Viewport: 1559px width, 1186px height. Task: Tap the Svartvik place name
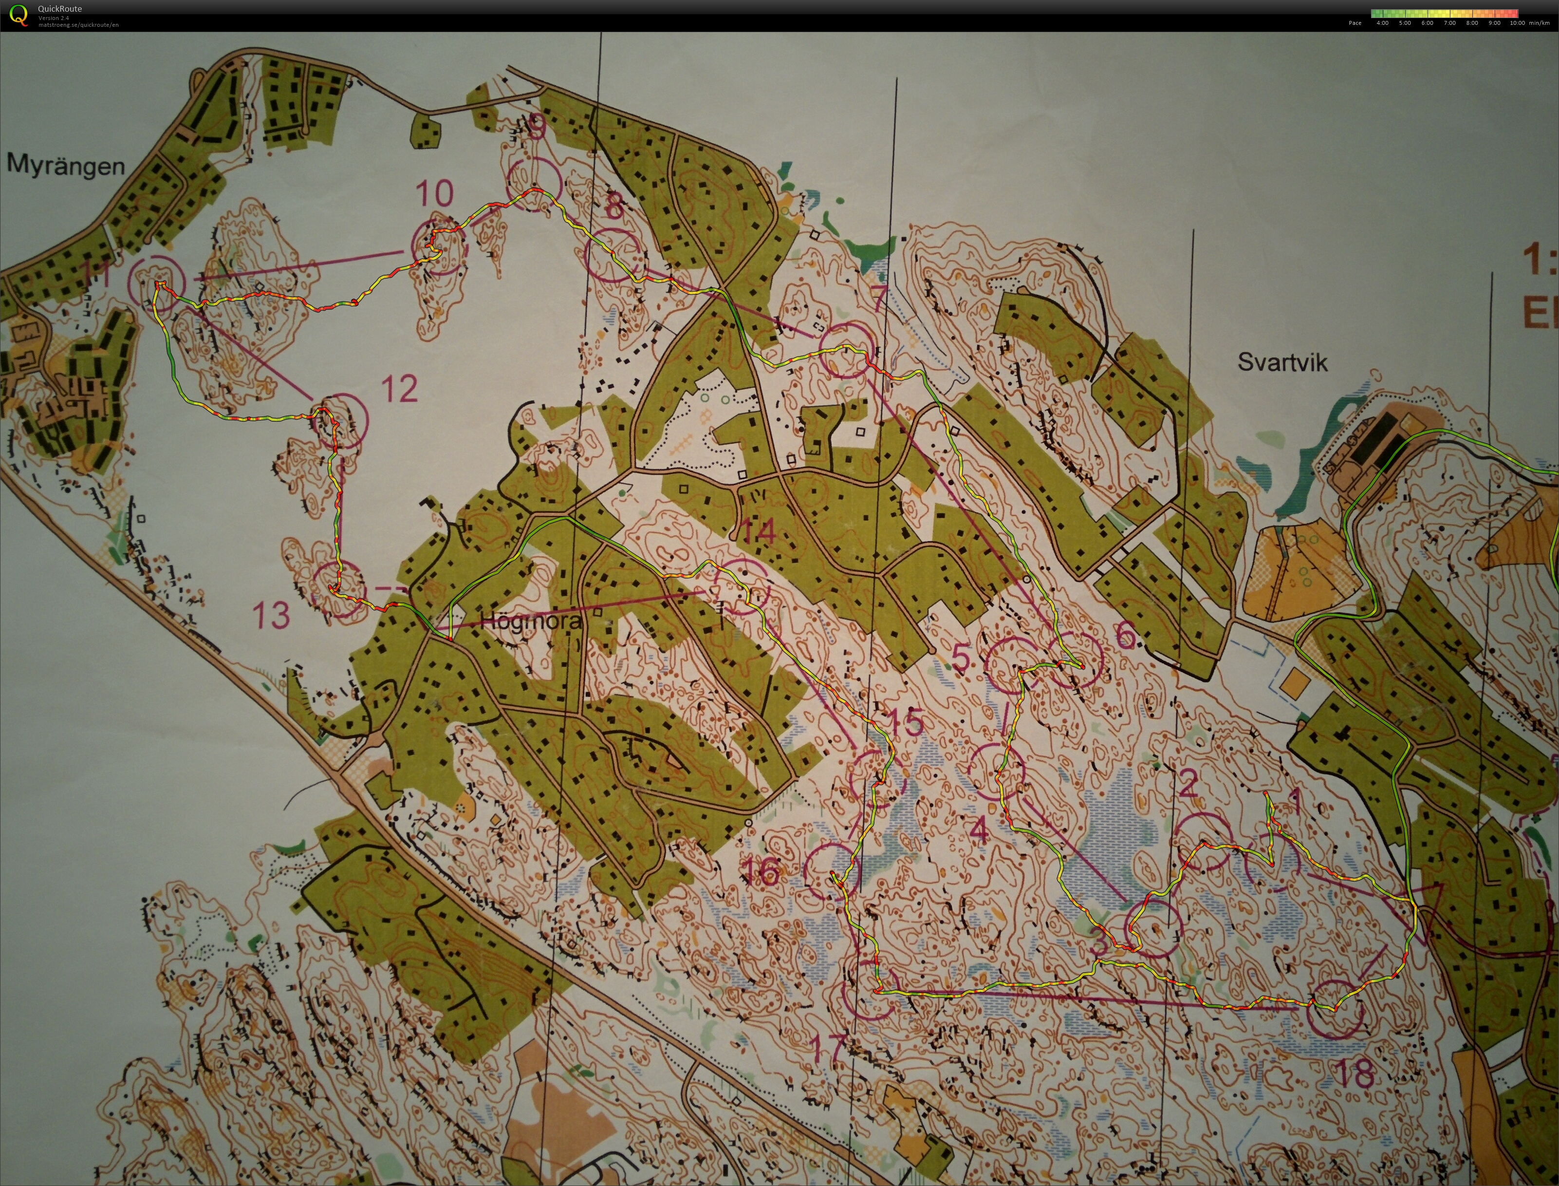click(x=1282, y=363)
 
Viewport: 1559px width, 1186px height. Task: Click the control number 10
click(x=433, y=193)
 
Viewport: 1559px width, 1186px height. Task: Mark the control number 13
click(x=271, y=615)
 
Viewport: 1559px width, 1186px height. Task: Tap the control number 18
click(x=1355, y=1074)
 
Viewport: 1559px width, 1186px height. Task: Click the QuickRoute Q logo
click(x=19, y=16)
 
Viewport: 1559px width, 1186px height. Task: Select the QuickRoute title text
click(x=60, y=8)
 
